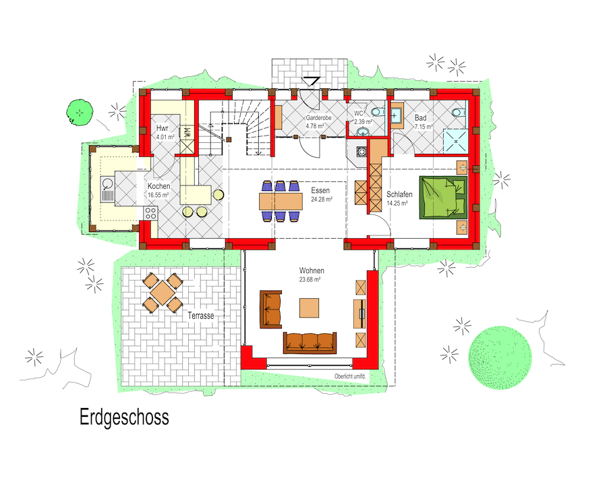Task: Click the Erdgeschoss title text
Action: (x=124, y=417)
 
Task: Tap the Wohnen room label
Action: (x=312, y=270)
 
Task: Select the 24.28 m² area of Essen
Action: (x=322, y=200)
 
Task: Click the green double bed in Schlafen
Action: (x=443, y=198)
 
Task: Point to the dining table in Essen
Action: (x=281, y=202)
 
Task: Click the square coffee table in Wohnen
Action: (x=309, y=308)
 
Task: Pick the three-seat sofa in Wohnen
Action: (x=310, y=343)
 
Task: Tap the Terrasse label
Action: (x=201, y=316)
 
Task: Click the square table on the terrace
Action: (x=163, y=293)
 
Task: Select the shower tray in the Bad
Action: (x=455, y=142)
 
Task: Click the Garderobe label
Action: (x=318, y=117)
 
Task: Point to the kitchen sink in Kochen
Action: (x=107, y=189)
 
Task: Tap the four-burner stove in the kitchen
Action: (x=150, y=213)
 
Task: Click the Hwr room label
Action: (x=162, y=128)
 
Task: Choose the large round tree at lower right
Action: (x=500, y=357)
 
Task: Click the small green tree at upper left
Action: (x=80, y=113)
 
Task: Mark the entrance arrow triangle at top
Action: (x=312, y=81)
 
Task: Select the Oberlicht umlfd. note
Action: (x=350, y=376)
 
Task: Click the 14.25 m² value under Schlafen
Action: (x=397, y=204)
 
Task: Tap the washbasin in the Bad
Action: (x=397, y=116)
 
